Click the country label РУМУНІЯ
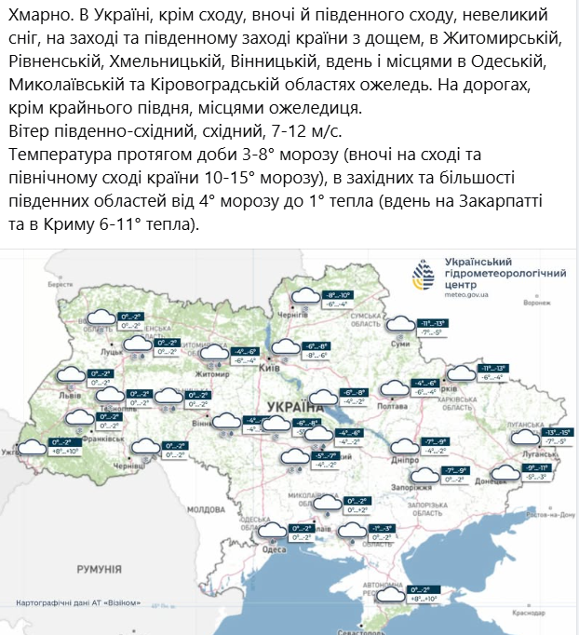point(100,568)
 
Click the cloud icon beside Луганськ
point(528,437)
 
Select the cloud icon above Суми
point(401,324)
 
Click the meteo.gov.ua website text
point(470,294)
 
